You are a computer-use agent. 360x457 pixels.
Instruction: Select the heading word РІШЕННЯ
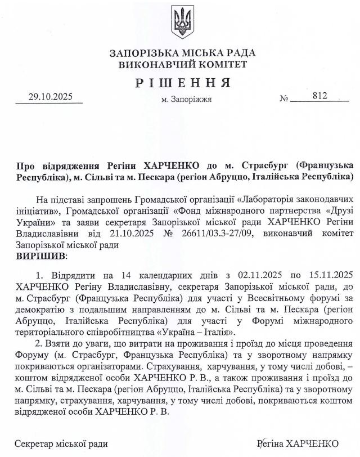183,83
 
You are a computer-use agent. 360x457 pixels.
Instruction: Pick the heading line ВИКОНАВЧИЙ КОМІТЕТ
183,65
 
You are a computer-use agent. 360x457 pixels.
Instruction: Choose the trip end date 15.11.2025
325,275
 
